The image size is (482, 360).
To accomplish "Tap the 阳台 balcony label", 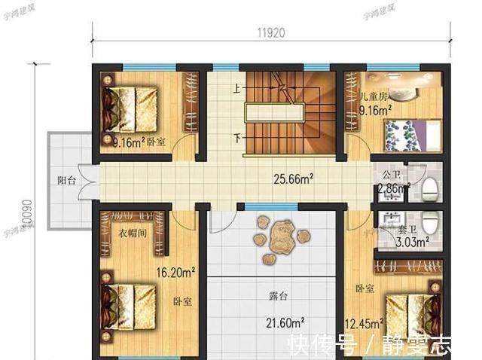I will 67,180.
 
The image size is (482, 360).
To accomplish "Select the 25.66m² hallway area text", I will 293,179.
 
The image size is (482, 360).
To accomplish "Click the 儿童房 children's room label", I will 373,97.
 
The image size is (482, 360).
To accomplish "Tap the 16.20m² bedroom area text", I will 175,272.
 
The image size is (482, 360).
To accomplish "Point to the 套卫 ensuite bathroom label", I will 407,228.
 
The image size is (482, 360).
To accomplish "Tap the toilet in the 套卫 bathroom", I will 430,223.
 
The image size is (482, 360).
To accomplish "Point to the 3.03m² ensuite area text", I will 413,243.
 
